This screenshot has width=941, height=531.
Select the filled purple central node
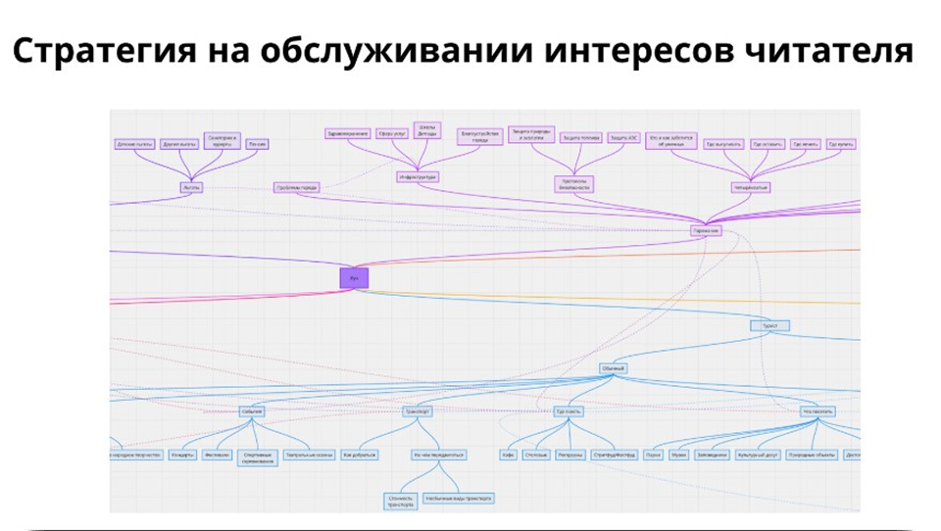(x=354, y=278)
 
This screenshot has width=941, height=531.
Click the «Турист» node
(x=769, y=325)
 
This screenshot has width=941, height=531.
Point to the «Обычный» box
(x=614, y=369)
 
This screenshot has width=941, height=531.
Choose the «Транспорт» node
(x=418, y=411)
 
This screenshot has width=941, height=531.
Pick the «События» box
(x=252, y=411)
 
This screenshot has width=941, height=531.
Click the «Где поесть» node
(x=568, y=411)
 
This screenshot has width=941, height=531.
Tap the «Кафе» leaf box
(x=509, y=456)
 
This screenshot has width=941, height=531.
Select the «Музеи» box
(x=679, y=456)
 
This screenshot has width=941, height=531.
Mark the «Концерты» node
(x=181, y=456)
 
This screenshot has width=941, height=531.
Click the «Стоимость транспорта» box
(x=400, y=500)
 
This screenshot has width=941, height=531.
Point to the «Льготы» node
(x=190, y=186)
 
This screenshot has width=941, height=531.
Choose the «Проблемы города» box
(x=295, y=188)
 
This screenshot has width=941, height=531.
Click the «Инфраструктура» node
(x=417, y=177)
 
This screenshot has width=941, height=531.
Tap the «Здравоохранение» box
(x=348, y=133)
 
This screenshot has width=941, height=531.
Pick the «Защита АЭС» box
(x=624, y=138)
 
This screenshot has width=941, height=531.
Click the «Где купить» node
(x=841, y=144)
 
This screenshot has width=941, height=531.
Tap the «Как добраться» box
(x=359, y=456)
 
